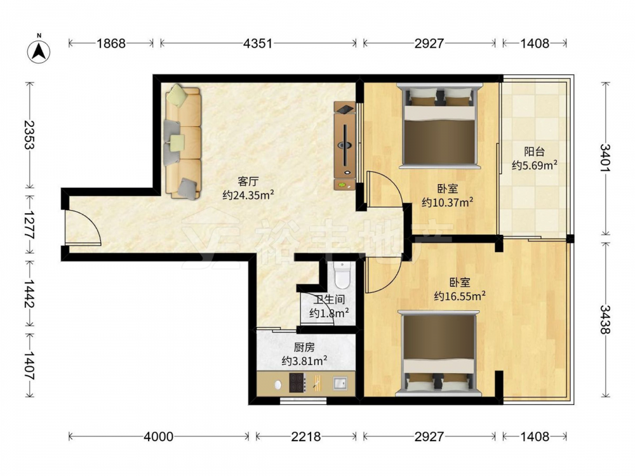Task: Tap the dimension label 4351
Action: click(258, 43)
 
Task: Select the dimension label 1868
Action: click(110, 43)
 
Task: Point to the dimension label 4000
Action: click(158, 437)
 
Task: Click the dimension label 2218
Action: click(306, 437)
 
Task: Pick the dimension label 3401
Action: click(605, 158)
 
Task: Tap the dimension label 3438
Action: click(605, 319)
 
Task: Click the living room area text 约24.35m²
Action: click(248, 195)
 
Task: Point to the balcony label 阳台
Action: click(534, 152)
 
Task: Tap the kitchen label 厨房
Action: click(304, 347)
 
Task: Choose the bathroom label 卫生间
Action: click(329, 300)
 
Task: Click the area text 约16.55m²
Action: click(460, 296)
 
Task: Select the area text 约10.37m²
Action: click(448, 202)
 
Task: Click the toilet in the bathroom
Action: click(343, 274)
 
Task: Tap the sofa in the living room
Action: click(183, 142)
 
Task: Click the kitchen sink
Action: click(340, 383)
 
